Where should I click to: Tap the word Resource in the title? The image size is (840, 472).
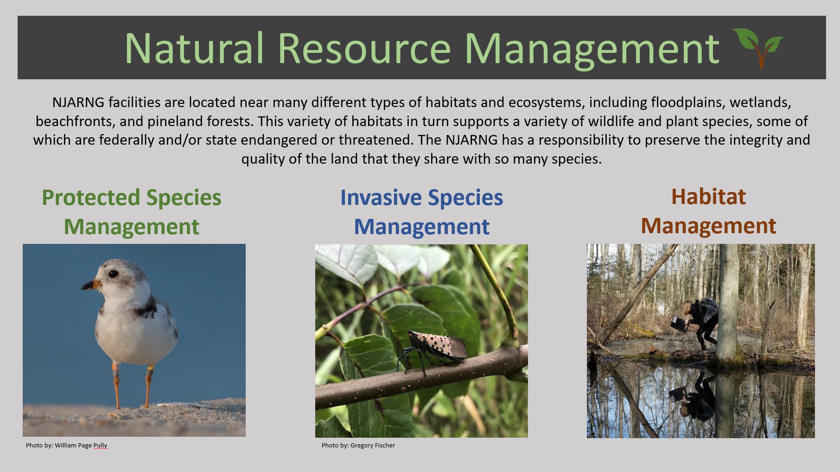point(364,48)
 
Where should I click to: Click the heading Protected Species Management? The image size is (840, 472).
point(132,212)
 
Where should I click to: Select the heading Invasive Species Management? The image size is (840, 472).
point(421,212)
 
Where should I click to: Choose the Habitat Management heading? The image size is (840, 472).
point(708,211)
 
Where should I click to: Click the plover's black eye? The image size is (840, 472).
point(113,274)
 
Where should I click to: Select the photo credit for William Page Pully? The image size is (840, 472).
point(66,445)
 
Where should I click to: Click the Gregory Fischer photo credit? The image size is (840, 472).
point(358,445)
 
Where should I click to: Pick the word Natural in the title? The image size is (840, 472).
point(194,48)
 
